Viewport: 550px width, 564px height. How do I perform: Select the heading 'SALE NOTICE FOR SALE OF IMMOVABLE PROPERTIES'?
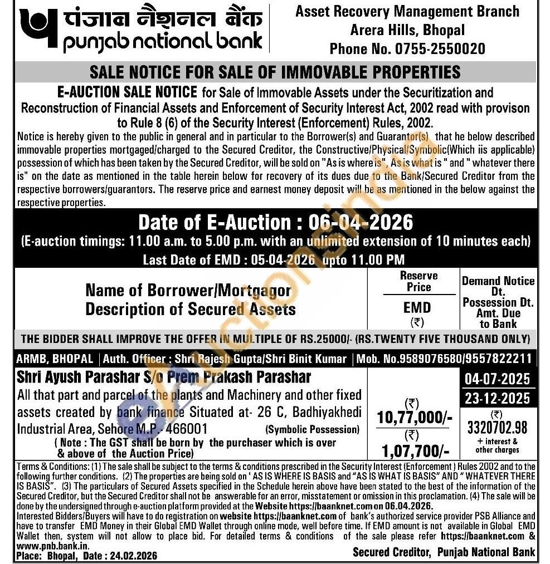275,72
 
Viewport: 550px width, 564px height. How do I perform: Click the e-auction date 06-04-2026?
354,223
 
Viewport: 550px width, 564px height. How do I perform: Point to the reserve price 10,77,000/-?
414,417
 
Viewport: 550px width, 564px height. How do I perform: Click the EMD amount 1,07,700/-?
414,449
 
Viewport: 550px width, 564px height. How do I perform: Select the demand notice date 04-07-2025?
498,380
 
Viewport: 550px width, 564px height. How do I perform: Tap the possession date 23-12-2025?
498,399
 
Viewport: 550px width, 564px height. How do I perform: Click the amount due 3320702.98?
498,428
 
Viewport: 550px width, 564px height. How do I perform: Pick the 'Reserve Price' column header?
418,282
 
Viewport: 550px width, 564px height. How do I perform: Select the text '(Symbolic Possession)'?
313,429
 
